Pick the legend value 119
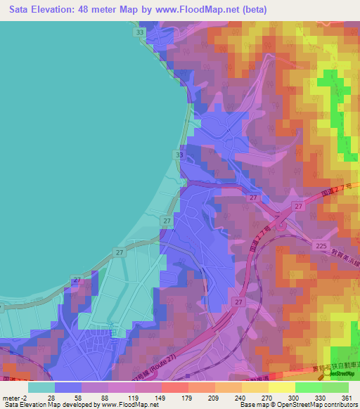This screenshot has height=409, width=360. [134, 398]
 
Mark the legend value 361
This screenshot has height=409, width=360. [346, 398]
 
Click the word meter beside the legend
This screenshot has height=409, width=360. [11, 398]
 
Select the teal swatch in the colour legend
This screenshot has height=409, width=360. [41, 387]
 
